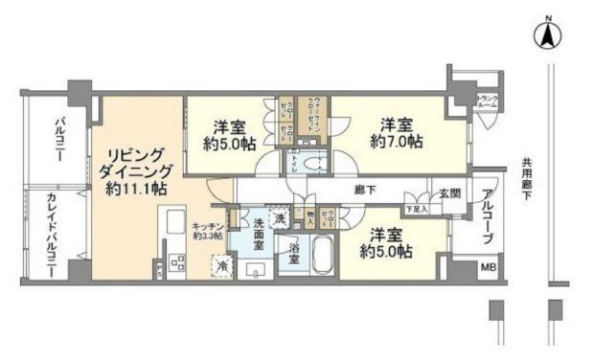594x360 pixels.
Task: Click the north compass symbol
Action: [548, 34]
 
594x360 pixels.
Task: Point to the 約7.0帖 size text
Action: [396, 141]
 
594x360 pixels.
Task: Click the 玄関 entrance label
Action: [450, 191]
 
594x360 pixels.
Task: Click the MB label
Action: [488, 268]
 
